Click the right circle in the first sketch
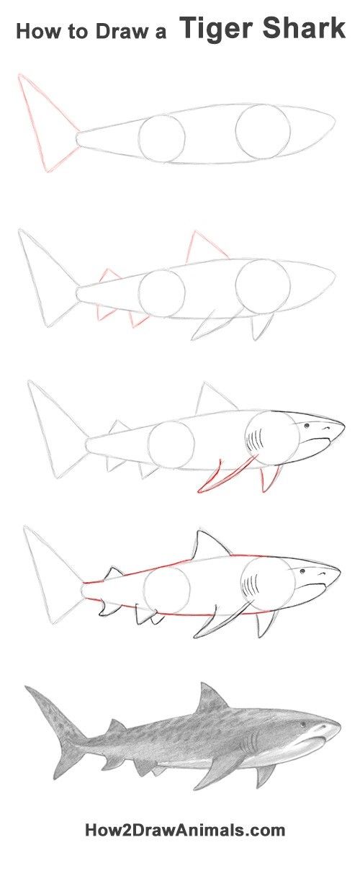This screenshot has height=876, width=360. pos(263,132)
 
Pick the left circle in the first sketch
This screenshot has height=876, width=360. pos(162,138)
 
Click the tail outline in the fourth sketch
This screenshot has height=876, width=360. pos(50,573)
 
